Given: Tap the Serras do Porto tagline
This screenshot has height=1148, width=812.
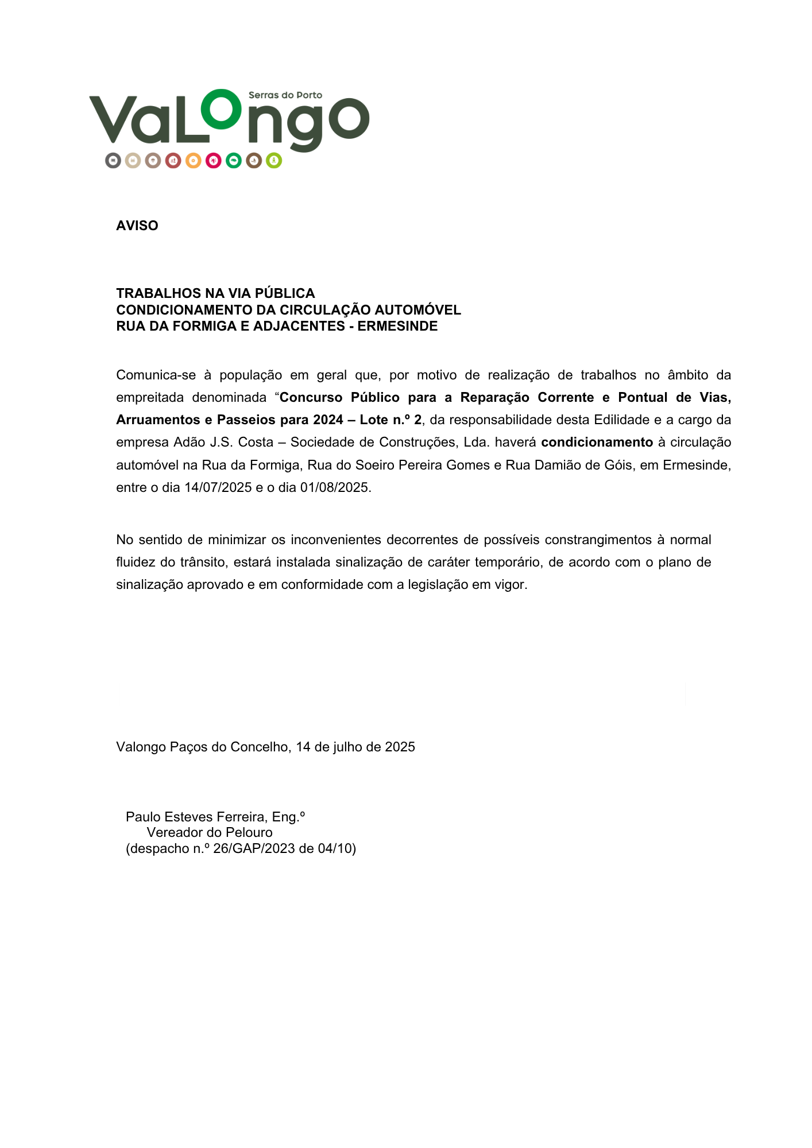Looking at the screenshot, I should click(x=285, y=95).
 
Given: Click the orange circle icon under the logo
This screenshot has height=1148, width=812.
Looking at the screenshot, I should click(x=194, y=161).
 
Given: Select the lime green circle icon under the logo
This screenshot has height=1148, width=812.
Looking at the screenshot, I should click(x=274, y=161).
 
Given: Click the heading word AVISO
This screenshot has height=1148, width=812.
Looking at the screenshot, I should click(x=137, y=226).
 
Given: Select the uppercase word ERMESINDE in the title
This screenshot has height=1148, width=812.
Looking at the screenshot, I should click(x=397, y=326).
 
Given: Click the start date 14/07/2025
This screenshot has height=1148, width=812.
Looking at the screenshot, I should click(x=218, y=487).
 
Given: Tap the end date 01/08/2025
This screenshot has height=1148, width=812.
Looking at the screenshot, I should click(x=334, y=487).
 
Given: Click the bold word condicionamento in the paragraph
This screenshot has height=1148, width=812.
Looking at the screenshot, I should click(x=597, y=442).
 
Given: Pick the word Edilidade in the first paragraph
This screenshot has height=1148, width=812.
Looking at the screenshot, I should click(x=621, y=420).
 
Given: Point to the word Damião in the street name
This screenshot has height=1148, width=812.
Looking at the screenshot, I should click(x=555, y=465).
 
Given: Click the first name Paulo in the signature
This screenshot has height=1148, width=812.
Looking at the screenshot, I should click(x=143, y=817).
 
